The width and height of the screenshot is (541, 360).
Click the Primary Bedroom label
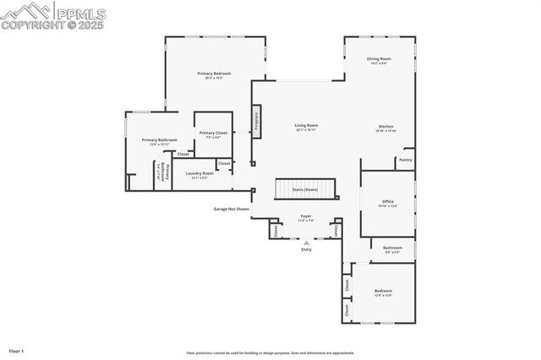pos(214,74)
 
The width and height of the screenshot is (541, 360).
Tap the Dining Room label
pos(378,59)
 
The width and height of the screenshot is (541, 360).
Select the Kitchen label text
pos(385,127)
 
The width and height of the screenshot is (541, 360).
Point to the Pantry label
pos(406,159)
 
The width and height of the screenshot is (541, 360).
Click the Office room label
pos(388,201)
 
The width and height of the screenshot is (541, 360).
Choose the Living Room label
pos(306,125)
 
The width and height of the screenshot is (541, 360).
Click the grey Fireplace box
pos(254,120)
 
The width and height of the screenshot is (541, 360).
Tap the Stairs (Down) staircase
pos(305,189)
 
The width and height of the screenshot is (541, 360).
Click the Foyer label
pos(306,216)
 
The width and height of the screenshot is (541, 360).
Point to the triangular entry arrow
pos(306,243)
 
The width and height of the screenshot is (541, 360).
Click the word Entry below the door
pos(306,250)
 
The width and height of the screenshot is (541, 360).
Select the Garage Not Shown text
pos(231,208)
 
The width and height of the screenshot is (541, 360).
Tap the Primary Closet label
pos(213,133)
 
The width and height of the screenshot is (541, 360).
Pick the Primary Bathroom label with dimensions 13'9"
pos(159,140)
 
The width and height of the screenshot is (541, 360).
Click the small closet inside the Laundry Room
pos(223,163)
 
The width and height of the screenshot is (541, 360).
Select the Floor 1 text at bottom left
pos(17,350)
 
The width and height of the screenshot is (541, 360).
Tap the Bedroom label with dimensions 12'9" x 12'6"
pos(383,291)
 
